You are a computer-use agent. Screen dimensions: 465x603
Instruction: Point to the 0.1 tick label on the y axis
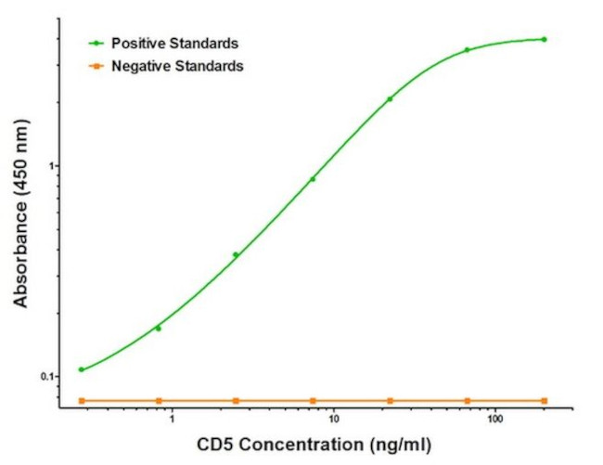(x=49, y=377)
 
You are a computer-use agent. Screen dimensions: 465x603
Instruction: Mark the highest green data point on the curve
(x=544, y=39)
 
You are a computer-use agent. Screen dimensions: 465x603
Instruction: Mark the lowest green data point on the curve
(x=82, y=369)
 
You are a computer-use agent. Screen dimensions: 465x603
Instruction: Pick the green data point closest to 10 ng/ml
(x=313, y=179)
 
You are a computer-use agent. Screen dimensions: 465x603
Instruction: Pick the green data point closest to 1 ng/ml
(x=159, y=329)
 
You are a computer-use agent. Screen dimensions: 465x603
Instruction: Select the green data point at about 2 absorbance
(x=390, y=98)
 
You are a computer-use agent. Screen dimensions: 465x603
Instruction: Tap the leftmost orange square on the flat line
(x=82, y=400)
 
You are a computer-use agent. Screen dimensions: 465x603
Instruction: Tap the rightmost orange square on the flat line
(x=544, y=400)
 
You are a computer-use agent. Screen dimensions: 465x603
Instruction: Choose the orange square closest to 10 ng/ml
(x=313, y=400)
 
